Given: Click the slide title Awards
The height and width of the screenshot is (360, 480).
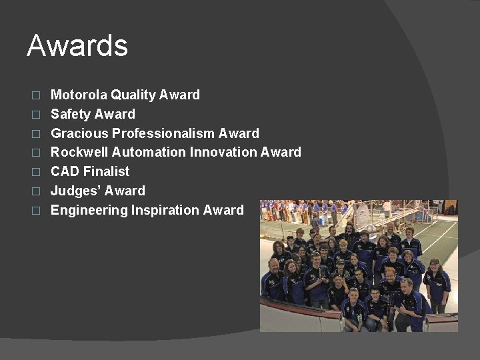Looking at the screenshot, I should [x=77, y=46].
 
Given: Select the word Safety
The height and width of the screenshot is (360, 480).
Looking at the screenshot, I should [x=71, y=114].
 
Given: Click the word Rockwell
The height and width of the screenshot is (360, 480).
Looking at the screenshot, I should [x=79, y=152].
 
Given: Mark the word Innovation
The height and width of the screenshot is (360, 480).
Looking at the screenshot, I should [x=223, y=152].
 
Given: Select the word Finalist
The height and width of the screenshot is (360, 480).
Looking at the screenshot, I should [x=107, y=171].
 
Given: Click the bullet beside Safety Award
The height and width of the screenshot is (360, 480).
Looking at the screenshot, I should [x=37, y=115].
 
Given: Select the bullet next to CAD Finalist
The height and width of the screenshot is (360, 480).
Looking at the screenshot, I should [x=37, y=172].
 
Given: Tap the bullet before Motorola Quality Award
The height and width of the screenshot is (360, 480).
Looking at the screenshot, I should [x=37, y=95].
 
